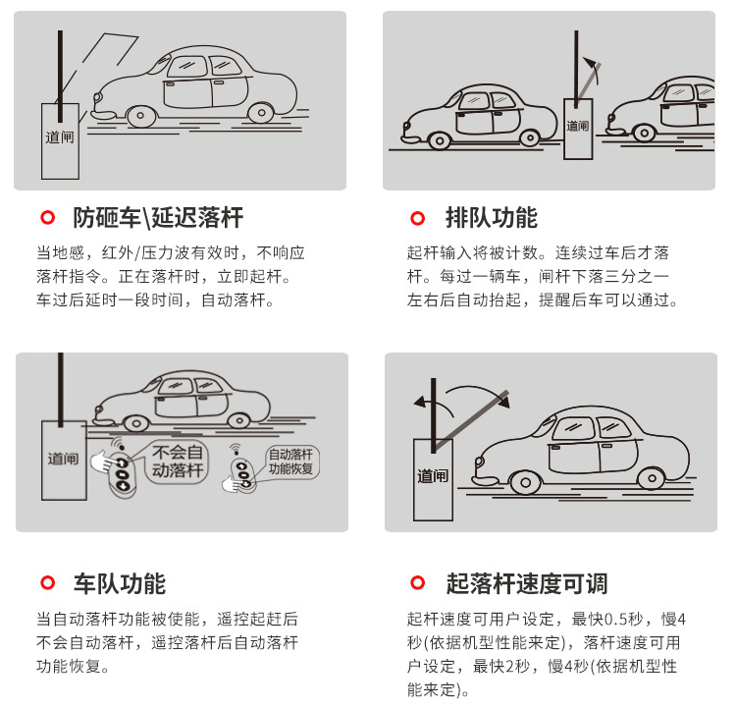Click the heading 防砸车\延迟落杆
click(x=158, y=218)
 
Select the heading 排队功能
click(x=491, y=218)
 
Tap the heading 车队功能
click(x=119, y=583)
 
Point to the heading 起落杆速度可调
click(x=526, y=583)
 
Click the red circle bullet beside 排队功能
click(x=417, y=218)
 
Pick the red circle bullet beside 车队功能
click(x=47, y=582)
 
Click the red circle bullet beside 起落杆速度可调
click(x=417, y=582)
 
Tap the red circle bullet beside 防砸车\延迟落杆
click(x=47, y=218)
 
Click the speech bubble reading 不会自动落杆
click(x=177, y=462)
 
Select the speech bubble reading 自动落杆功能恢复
click(x=291, y=462)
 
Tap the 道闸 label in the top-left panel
click(x=60, y=137)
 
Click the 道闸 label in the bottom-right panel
click(x=433, y=476)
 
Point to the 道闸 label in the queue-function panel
click(x=577, y=126)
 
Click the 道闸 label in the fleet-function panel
click(x=63, y=458)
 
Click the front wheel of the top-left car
click(x=140, y=116)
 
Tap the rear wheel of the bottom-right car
click(x=652, y=479)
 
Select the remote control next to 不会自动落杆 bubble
click(x=122, y=474)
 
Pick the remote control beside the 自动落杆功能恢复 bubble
click(x=243, y=473)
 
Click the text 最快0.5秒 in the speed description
click(x=607, y=620)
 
